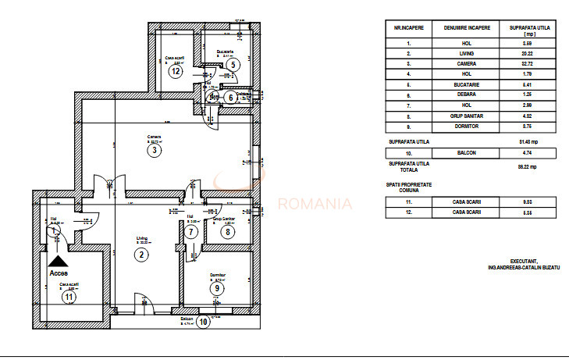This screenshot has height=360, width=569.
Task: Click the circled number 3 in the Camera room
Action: (155, 151)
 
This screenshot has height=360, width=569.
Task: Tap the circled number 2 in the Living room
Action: (140, 254)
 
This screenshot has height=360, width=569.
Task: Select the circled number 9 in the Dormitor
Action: (217, 287)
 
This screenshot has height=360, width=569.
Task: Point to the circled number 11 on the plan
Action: (69, 296)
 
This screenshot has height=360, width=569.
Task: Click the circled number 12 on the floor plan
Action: (176, 71)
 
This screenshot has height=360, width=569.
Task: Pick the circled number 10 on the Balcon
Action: (203, 321)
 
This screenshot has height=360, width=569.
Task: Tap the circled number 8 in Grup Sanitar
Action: (227, 231)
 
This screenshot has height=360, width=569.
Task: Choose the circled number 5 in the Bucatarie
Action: (233, 65)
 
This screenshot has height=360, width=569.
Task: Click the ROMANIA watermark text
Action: (315, 205)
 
